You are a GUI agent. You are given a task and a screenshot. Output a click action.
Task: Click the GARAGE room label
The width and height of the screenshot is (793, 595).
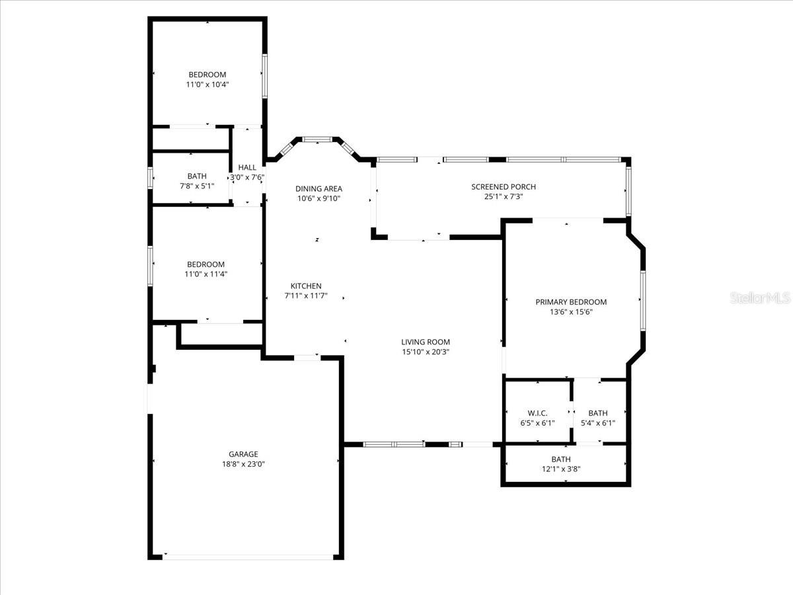[243, 454]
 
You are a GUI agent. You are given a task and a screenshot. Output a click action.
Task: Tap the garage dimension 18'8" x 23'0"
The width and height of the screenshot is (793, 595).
[243, 464]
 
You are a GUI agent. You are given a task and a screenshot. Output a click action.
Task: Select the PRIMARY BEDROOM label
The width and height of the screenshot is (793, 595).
[570, 302]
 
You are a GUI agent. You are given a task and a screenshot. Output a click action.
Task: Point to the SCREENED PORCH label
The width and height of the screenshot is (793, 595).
[503, 187]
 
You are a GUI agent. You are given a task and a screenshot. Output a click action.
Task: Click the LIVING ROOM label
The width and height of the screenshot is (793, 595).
[425, 342]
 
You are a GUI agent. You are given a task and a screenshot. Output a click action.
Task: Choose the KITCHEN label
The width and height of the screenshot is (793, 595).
[306, 286]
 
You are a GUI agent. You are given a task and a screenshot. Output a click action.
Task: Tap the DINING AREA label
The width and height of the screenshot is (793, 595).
[319, 188]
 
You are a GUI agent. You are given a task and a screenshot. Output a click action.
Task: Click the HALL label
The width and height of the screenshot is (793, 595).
[247, 168]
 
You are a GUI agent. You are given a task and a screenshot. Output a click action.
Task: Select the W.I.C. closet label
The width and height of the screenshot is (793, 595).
[537, 413]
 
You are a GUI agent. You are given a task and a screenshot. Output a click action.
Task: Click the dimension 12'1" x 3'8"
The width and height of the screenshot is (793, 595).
[560, 469]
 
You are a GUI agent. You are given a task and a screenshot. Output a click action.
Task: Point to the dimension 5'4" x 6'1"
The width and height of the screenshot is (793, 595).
[597, 423]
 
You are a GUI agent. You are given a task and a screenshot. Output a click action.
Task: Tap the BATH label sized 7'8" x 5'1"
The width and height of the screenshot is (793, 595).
[197, 176]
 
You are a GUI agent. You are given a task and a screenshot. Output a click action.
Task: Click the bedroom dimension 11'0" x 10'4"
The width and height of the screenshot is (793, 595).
[208, 85]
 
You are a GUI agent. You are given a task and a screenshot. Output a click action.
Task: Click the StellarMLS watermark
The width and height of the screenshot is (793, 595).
[760, 299]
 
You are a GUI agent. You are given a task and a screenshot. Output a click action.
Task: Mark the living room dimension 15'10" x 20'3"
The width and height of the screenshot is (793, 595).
[425, 352]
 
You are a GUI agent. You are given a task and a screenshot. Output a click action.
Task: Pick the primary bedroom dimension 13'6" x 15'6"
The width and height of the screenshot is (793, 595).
[570, 312]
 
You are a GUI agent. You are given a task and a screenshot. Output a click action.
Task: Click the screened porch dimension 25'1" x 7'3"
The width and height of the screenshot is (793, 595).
[503, 197]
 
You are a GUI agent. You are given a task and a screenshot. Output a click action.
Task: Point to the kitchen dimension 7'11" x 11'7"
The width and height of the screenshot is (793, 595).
[306, 296]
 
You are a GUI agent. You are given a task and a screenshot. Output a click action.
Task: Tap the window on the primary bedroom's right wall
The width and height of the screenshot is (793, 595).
[642, 300]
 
